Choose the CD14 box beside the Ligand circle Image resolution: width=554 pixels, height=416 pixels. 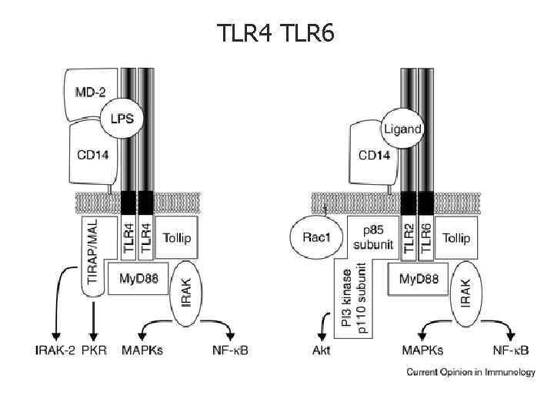(374, 155)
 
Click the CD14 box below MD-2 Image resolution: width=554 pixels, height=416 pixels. (95, 155)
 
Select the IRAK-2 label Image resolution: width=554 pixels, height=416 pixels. (56, 352)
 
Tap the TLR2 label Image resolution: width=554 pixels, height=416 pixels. (409, 238)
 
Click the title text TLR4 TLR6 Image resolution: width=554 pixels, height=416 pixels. (276, 33)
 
